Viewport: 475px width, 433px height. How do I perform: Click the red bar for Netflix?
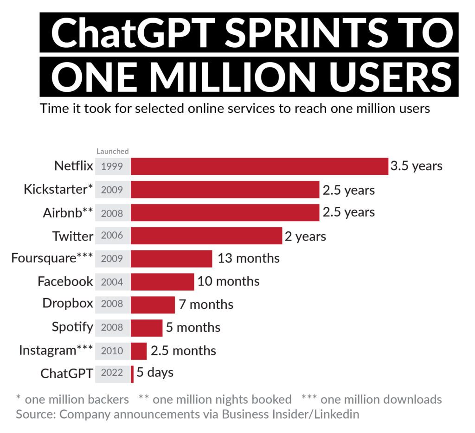click(x=259, y=166)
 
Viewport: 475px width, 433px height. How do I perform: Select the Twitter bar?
click(x=206, y=236)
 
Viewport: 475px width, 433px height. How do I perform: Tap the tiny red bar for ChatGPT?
click(x=132, y=374)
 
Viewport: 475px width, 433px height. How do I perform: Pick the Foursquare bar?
click(x=171, y=259)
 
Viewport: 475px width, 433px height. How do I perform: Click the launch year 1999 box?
click(x=112, y=166)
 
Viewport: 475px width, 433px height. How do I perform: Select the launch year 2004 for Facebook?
click(x=112, y=281)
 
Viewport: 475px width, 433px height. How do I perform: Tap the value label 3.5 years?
click(x=416, y=166)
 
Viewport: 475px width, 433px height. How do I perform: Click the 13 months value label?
click(x=249, y=258)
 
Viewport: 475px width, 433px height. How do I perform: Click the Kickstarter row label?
click(x=58, y=190)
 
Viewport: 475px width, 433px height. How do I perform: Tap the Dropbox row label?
click(x=68, y=304)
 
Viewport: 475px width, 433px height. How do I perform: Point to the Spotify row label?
click(x=72, y=327)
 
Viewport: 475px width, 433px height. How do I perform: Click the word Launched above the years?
click(x=112, y=151)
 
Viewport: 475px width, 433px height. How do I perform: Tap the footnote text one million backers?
click(x=77, y=399)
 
